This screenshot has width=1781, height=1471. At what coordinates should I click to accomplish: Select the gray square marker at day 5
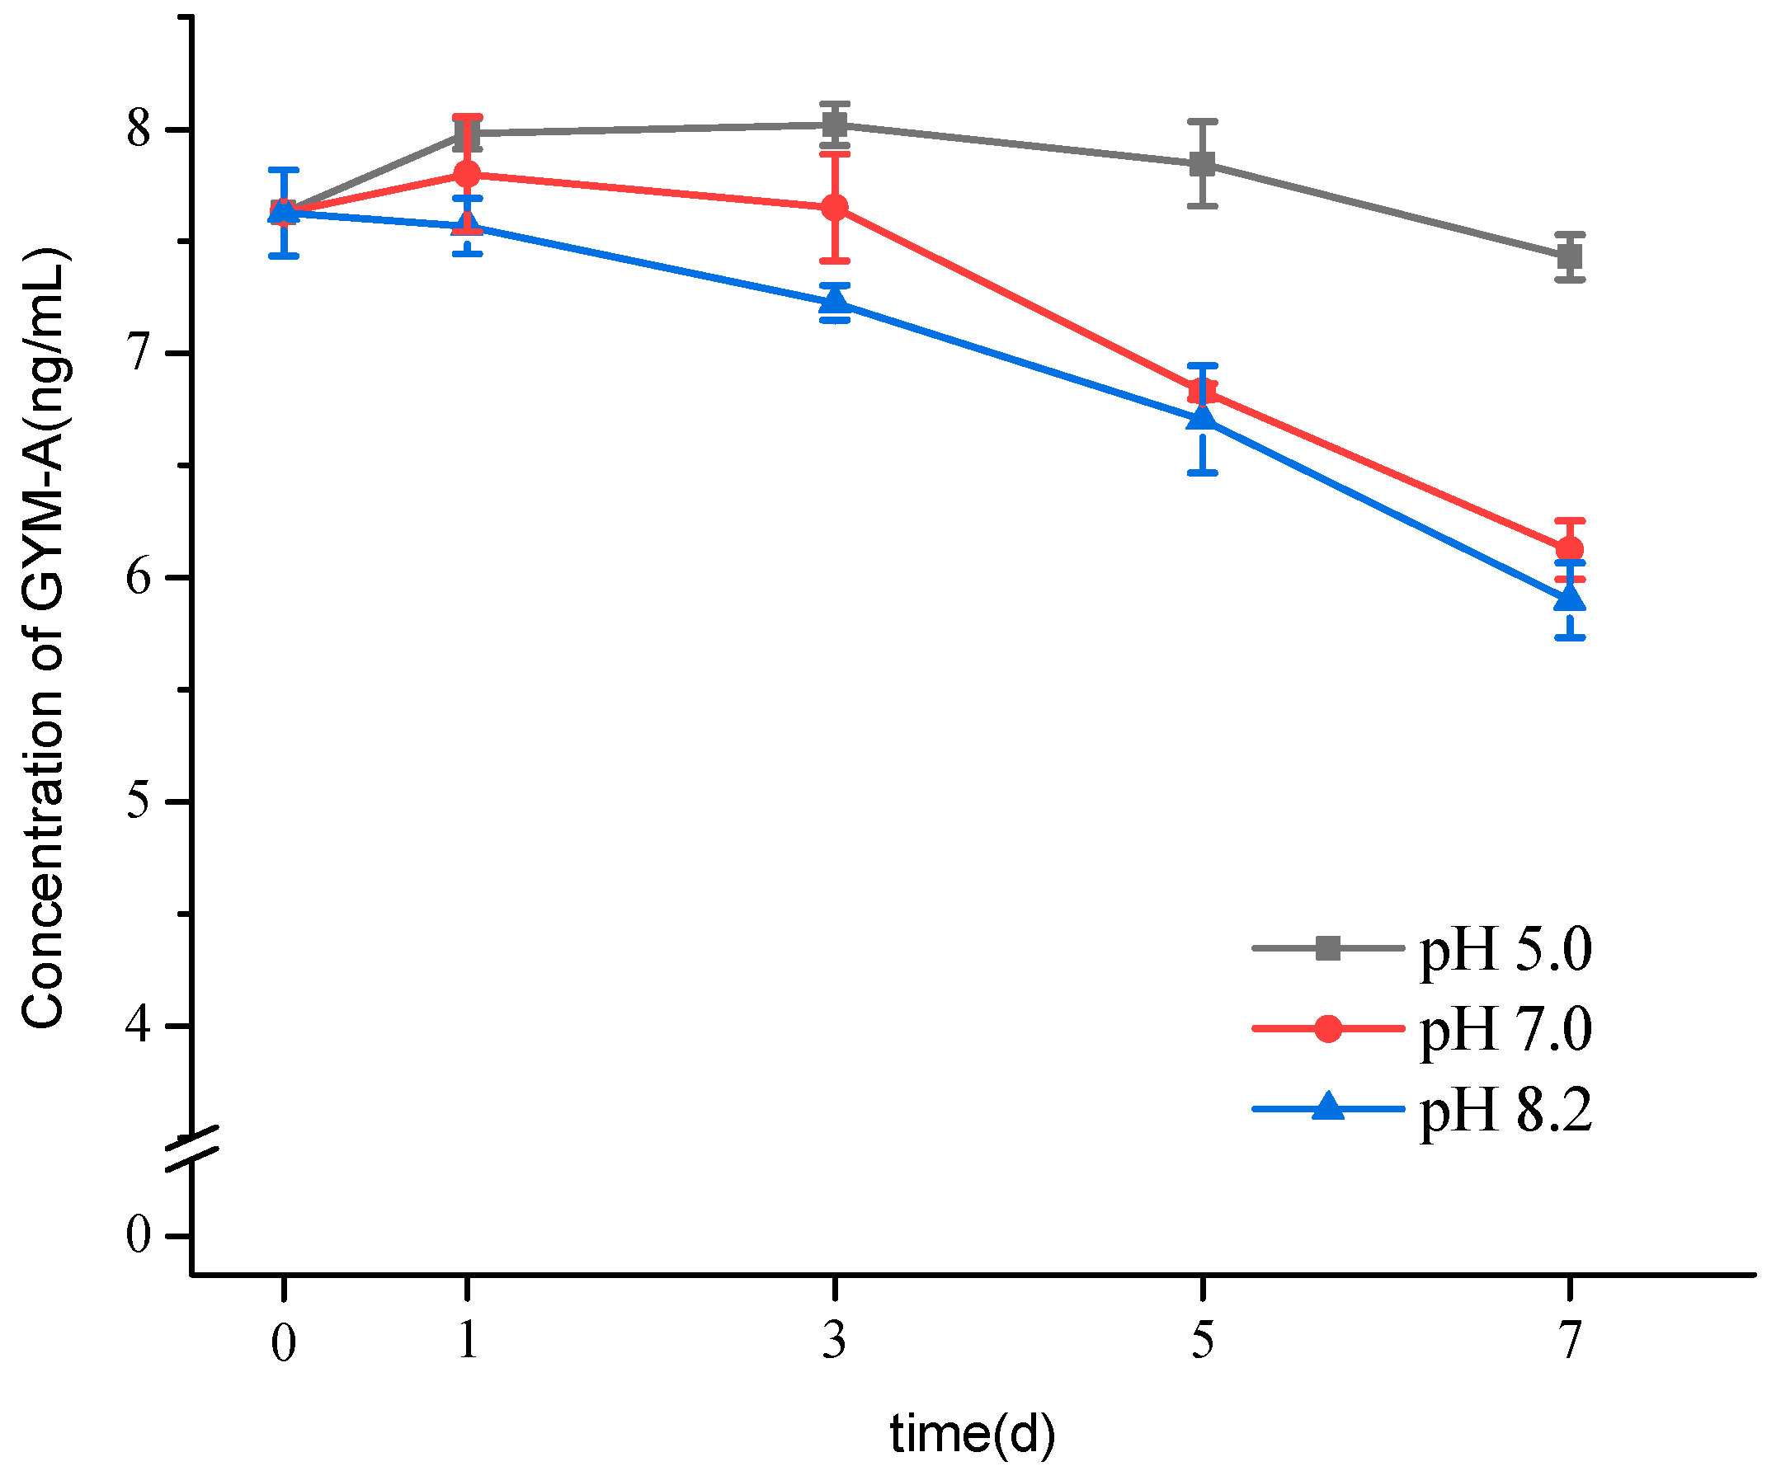tap(1202, 163)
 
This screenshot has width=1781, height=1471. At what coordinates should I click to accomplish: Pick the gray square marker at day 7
tap(1569, 256)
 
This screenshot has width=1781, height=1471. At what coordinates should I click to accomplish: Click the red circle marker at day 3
tap(835, 208)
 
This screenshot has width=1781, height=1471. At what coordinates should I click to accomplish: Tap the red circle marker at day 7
tap(1569, 549)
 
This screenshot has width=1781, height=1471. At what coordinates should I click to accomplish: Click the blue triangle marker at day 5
tap(1202, 418)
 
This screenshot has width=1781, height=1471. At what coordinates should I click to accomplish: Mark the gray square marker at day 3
tap(835, 125)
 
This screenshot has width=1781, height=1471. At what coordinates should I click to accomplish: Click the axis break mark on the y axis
tap(192, 1150)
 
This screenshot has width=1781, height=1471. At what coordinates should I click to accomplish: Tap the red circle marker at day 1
tap(467, 174)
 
